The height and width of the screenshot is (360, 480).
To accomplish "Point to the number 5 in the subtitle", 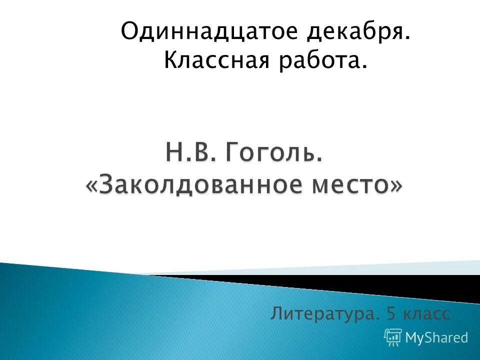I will click(x=391, y=314).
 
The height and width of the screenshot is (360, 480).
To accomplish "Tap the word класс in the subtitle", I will click(x=427, y=314).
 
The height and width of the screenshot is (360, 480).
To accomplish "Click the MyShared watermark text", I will click(x=436, y=337).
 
